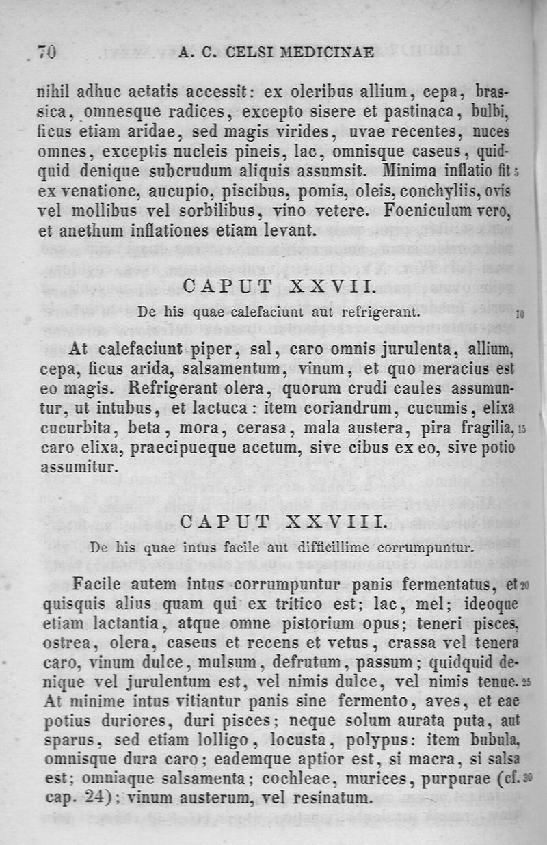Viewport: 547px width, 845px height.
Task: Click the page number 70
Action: coord(46,52)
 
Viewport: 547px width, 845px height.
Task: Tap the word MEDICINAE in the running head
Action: coord(330,53)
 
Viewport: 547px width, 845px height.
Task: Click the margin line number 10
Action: coord(520,315)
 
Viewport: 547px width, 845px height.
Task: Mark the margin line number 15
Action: coord(521,430)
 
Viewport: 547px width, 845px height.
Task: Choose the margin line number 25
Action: coord(526,682)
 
